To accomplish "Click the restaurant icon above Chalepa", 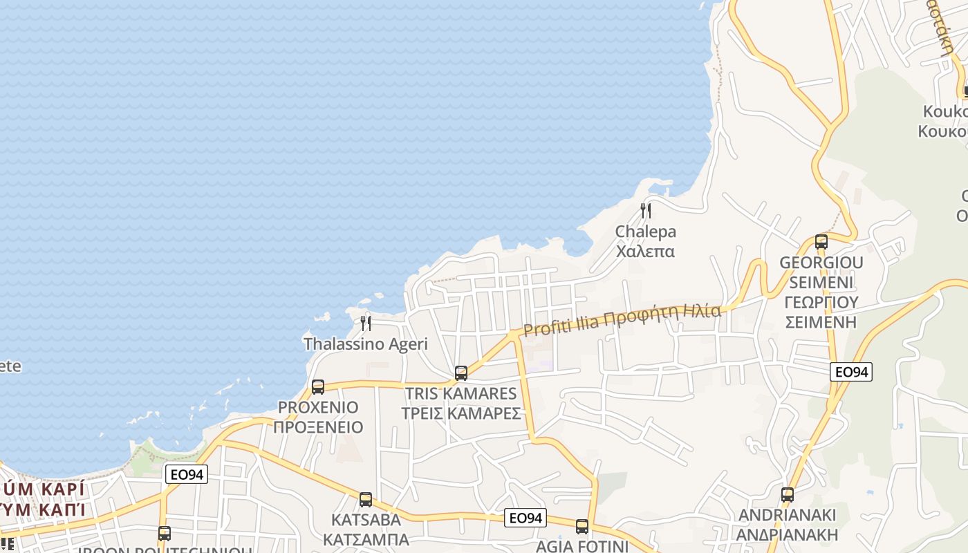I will pyautogui.click(x=646, y=210).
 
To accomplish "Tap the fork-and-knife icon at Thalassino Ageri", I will pyautogui.click(x=366, y=323).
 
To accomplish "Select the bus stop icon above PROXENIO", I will pyautogui.click(x=318, y=387).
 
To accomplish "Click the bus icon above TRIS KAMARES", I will pyautogui.click(x=461, y=373).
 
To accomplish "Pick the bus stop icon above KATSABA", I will pyautogui.click(x=366, y=499).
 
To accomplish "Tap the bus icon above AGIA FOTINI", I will pyautogui.click(x=582, y=527).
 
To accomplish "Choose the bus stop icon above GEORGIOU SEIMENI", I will pyautogui.click(x=821, y=242).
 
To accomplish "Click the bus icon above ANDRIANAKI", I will pyautogui.click(x=788, y=495).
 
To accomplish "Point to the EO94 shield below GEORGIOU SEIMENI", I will pyautogui.click(x=851, y=372).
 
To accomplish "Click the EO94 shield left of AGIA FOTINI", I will pyautogui.click(x=525, y=517).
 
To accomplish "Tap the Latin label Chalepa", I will pyautogui.click(x=646, y=232).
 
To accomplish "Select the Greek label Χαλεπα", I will pyautogui.click(x=645, y=251).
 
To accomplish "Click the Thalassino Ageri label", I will pyautogui.click(x=366, y=344).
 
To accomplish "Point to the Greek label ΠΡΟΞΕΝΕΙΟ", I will pyautogui.click(x=318, y=427).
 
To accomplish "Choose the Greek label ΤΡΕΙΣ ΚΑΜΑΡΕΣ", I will pyautogui.click(x=461, y=413).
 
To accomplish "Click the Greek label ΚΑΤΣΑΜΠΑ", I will pyautogui.click(x=366, y=538).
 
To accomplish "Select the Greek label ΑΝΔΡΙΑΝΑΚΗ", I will pyautogui.click(x=787, y=534).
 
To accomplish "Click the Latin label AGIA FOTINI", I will pyautogui.click(x=582, y=546).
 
